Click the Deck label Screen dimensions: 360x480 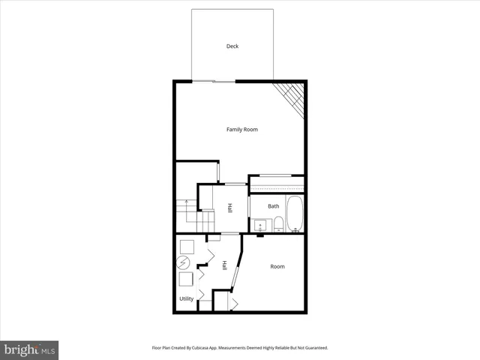coord(232,46)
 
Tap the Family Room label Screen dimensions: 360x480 coord(242,130)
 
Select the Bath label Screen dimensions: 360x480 coord(274,206)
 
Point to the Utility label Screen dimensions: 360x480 coord(187,299)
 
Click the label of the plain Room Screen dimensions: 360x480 coord(277,266)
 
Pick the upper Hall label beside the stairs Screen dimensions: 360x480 coord(229,208)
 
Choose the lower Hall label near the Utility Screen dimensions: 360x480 coord(223,265)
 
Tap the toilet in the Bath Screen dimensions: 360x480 coord(277,223)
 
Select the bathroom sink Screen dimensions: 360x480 coord(261,224)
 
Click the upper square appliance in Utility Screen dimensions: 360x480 coord(187,245)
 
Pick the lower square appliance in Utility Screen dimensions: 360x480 coord(186,280)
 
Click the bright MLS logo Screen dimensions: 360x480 coord(29,349)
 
